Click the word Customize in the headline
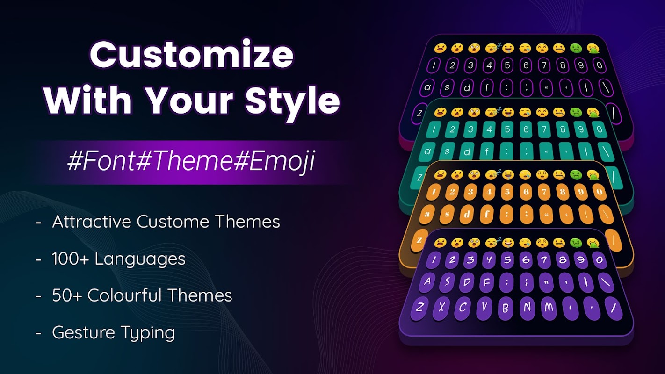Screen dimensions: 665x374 (x=192, y=55)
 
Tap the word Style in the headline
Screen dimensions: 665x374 (x=293, y=101)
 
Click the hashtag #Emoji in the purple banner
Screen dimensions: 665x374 (x=275, y=162)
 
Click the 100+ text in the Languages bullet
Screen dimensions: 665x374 (x=70, y=259)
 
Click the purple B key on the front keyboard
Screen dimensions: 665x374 (x=505, y=308)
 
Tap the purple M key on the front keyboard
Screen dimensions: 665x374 (x=549, y=308)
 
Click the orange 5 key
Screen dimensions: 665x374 (x=507, y=192)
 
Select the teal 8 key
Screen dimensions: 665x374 (x=563, y=129)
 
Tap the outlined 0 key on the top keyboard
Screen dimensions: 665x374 (x=600, y=65)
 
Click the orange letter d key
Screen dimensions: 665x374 (x=467, y=214)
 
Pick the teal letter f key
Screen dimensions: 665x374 (x=486, y=152)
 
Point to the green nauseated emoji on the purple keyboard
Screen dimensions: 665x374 (x=576, y=243)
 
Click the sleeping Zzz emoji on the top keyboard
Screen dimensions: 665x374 (x=492, y=48)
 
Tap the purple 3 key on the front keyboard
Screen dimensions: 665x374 (x=470, y=260)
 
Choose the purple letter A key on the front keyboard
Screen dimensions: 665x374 (x=427, y=281)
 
